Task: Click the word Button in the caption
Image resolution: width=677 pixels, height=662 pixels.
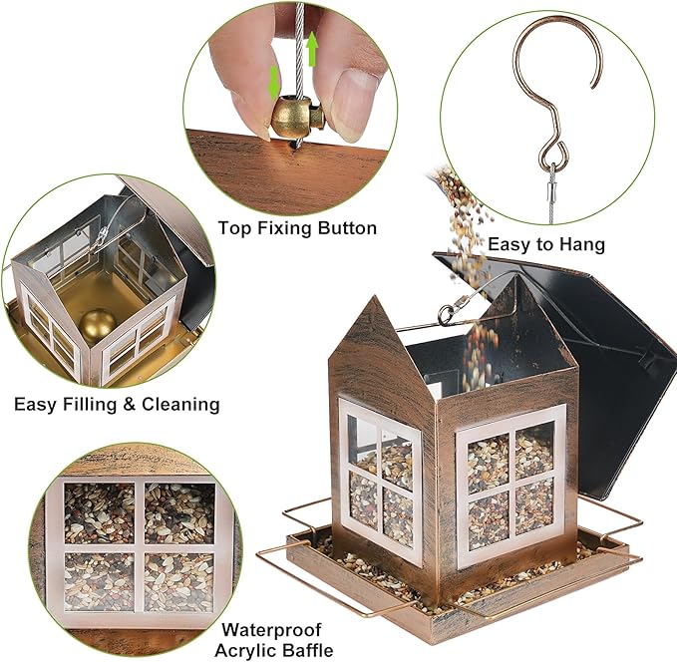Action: pos(347,228)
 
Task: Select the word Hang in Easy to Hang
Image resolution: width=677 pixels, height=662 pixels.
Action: pos(581,243)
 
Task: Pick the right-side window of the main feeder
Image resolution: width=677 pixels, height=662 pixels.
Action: pos(509,484)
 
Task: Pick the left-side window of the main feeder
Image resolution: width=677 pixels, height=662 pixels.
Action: pos(381,479)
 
